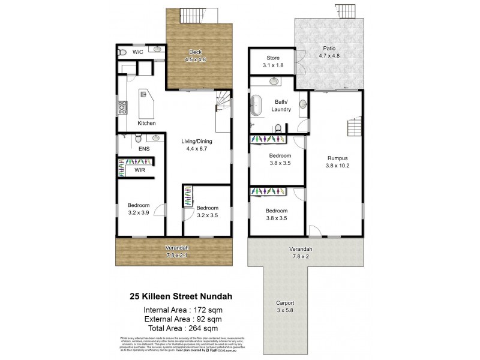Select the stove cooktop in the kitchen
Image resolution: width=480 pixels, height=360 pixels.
(122, 108)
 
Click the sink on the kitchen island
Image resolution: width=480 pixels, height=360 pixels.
(144, 94)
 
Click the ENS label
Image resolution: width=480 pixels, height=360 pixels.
(143, 148)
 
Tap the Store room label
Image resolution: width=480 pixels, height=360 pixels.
(272, 58)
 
